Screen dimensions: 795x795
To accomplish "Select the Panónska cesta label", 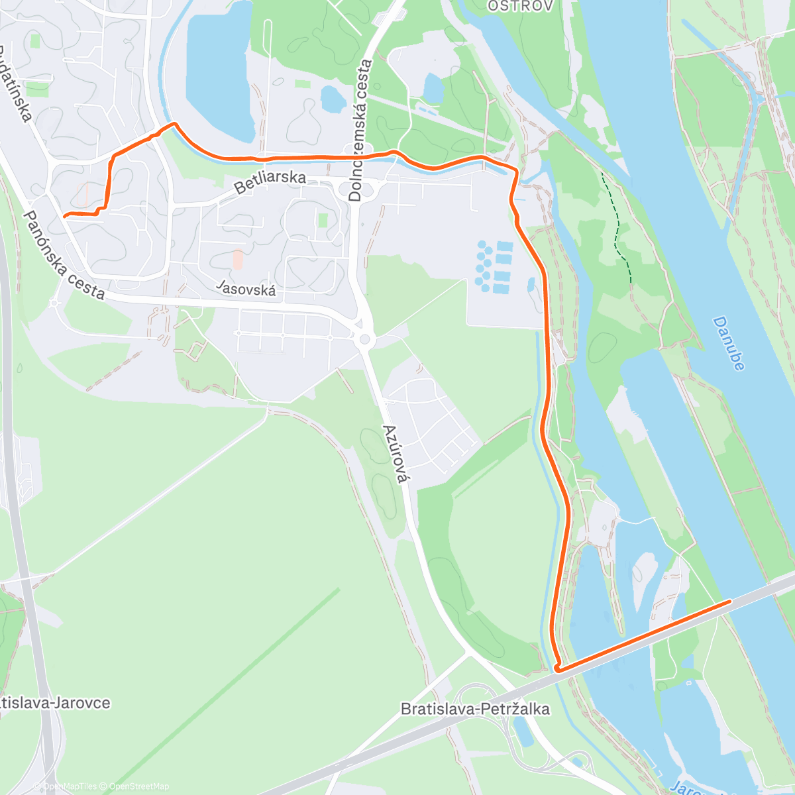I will (x=64, y=254).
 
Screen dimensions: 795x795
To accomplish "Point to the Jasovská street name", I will (x=246, y=289).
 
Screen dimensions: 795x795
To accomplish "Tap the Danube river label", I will (x=729, y=343).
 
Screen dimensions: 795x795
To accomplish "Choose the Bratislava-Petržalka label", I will (x=475, y=709).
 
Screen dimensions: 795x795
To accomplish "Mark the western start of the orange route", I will (x=64, y=215).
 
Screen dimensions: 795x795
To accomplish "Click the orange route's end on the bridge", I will (x=730, y=601).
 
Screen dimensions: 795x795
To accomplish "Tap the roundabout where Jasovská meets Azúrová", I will (x=363, y=340).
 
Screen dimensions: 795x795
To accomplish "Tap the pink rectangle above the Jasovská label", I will (x=237, y=259).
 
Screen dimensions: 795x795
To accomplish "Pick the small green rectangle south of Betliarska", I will (x=323, y=220).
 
